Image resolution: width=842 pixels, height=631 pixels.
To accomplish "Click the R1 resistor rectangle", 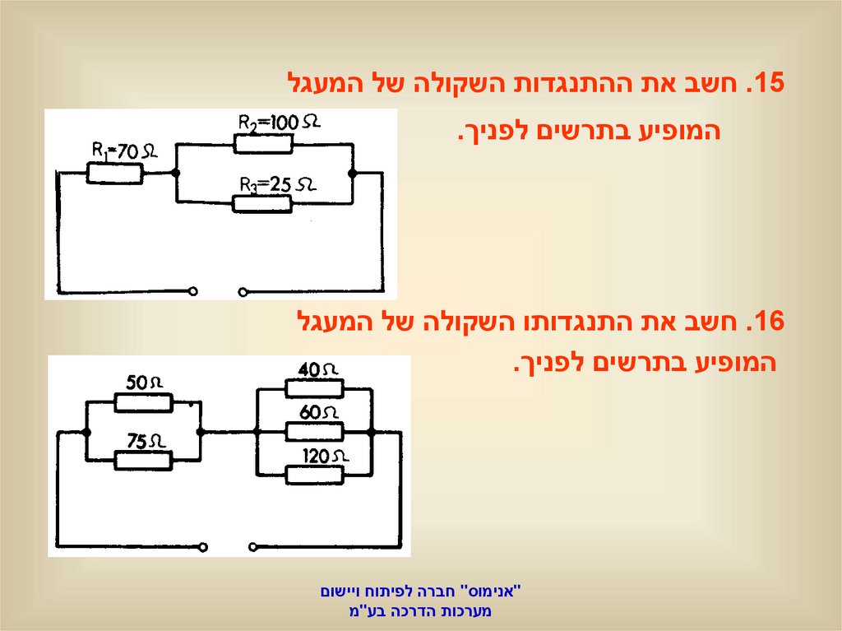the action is pos(115,174).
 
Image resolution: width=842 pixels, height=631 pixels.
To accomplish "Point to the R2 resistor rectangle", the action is pos(263,143).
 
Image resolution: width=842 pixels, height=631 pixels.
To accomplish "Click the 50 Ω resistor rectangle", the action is pos(143,402).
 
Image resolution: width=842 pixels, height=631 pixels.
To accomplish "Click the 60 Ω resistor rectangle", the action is pos(314,432).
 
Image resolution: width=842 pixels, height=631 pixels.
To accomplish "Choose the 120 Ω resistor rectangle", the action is pos(314,475).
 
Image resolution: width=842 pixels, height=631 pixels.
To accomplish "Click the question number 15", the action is pos(766,84).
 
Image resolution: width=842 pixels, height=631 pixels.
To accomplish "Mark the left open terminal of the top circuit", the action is pos(194,290).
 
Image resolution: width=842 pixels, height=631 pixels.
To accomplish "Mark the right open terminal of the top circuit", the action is pos(242,290).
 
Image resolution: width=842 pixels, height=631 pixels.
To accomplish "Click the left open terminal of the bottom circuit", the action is pos(206,544).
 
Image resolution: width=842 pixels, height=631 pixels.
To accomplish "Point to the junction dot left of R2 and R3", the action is pos(176,174).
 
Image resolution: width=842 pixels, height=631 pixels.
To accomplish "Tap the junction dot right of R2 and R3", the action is pos(353,174).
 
